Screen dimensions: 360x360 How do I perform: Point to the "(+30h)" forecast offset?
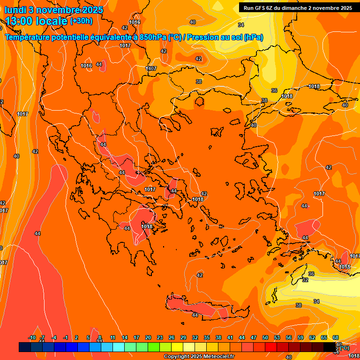click(x=81, y=21)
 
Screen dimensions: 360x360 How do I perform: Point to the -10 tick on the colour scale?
click(x=32, y=338)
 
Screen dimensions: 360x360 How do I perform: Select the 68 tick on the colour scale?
click(x=336, y=338)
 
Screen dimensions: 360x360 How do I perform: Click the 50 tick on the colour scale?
click(x=265, y=338)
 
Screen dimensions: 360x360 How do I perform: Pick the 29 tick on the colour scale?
click(x=183, y=338)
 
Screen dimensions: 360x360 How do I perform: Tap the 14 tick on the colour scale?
click(x=125, y=338)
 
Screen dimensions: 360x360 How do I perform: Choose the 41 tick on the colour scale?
click(x=230, y=338)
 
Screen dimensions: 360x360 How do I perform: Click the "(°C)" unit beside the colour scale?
click(x=343, y=348)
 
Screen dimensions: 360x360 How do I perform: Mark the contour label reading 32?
click(x=305, y=280)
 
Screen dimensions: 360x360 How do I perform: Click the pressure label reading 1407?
click(x=151, y=68)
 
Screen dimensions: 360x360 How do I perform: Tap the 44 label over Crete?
click(x=195, y=315)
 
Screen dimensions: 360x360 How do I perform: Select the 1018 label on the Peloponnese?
click(x=147, y=226)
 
